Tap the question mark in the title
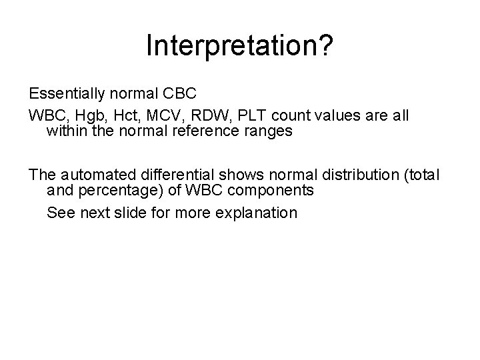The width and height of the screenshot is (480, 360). coord(327,46)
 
